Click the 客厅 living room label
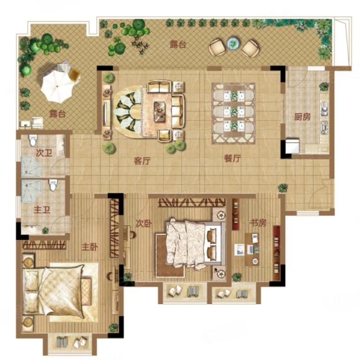(x=142, y=161)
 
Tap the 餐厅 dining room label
(x=232, y=159)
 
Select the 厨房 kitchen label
(x=302, y=117)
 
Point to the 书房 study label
(x=258, y=223)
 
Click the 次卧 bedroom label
(x=144, y=223)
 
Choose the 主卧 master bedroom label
(x=90, y=247)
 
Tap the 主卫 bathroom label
(x=42, y=210)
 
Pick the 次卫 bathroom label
(x=44, y=153)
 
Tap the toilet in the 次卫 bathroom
(x=33, y=140)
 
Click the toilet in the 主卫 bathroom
(x=53, y=185)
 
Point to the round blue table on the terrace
(x=234, y=43)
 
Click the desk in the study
(x=252, y=249)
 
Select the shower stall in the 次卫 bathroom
(x=31, y=167)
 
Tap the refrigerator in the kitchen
(x=292, y=146)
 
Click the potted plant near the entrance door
(x=283, y=188)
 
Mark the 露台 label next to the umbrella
(x=57, y=114)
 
